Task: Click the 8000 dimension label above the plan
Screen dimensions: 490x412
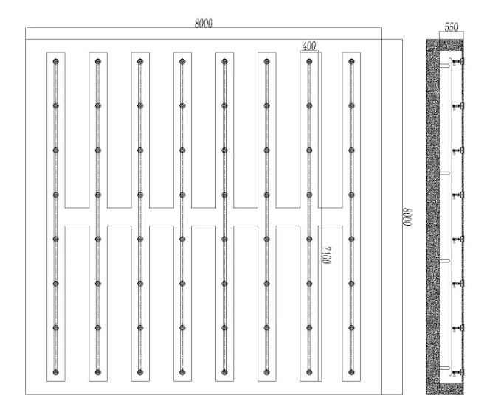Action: (x=203, y=24)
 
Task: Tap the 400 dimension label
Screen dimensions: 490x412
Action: (x=309, y=46)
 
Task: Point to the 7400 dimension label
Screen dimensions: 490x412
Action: (x=327, y=255)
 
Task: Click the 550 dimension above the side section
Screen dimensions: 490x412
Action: (x=451, y=27)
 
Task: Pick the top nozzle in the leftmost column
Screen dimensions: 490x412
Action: (x=56, y=61)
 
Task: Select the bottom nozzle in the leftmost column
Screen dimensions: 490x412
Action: (x=56, y=372)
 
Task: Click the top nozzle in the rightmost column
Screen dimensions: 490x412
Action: (x=351, y=61)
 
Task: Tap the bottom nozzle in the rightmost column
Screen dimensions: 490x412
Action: (x=351, y=372)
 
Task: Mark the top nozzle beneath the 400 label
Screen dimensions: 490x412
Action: (x=309, y=61)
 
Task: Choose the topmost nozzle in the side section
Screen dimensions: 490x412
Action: (x=458, y=61)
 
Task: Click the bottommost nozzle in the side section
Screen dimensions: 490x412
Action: (x=458, y=372)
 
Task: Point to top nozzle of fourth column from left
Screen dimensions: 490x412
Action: (x=182, y=61)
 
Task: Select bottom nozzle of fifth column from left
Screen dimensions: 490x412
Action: (x=224, y=372)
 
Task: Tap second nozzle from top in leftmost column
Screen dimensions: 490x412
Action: (x=56, y=106)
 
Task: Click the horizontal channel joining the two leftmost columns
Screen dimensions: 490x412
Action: (x=77, y=217)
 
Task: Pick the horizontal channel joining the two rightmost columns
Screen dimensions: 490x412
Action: (x=331, y=217)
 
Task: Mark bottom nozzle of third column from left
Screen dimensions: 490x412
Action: (x=140, y=372)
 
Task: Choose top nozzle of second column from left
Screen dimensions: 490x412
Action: (x=98, y=61)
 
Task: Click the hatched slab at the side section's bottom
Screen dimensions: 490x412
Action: (x=445, y=388)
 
